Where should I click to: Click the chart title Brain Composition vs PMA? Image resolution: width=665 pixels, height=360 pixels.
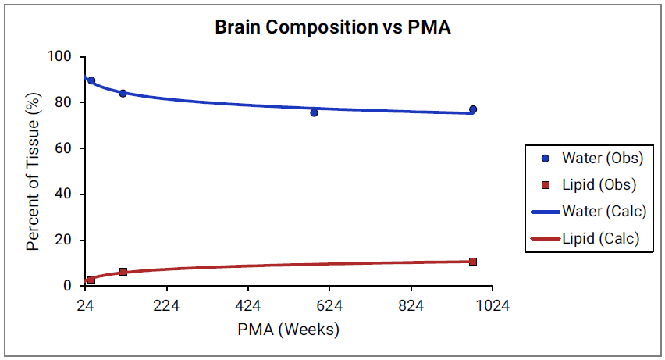333,27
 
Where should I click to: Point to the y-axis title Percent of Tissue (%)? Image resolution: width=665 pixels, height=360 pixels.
33,171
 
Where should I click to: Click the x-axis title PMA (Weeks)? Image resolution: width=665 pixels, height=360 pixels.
289,330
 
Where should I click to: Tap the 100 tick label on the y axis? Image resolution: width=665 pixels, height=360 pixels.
60,57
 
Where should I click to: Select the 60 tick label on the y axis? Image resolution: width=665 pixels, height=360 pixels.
64,148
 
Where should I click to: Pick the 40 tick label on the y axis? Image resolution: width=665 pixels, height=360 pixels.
64,194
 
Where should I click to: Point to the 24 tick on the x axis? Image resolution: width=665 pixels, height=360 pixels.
86,305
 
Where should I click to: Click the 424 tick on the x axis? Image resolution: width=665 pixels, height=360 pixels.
247,305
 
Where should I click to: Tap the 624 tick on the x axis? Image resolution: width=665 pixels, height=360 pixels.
329,305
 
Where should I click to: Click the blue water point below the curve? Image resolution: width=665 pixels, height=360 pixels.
314,112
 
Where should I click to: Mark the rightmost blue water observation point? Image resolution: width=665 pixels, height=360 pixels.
473,109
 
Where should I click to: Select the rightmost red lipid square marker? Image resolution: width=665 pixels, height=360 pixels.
473,262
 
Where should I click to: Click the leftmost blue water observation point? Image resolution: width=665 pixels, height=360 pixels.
91,80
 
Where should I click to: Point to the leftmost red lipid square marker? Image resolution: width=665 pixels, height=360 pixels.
91,280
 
